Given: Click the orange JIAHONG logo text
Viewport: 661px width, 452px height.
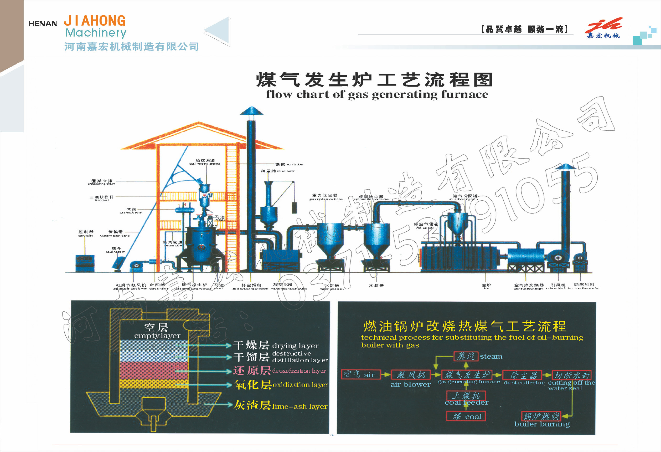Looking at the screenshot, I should [95, 21].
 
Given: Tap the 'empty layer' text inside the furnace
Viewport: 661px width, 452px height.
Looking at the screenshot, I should [157, 332].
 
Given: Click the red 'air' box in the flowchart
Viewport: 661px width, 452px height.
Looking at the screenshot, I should [361, 375].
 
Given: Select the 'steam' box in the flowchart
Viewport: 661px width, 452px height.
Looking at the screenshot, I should [465, 356].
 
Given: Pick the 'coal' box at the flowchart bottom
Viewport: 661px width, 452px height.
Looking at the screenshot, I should [466, 417].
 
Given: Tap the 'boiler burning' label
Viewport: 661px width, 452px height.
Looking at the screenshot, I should [542, 424].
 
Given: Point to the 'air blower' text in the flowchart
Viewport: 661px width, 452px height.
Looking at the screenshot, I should [410, 384].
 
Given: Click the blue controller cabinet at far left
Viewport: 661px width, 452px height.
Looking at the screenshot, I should [85, 263].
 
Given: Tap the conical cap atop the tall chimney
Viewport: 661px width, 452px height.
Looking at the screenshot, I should [251, 110].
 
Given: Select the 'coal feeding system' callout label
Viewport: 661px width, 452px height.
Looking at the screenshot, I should [204, 162].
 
